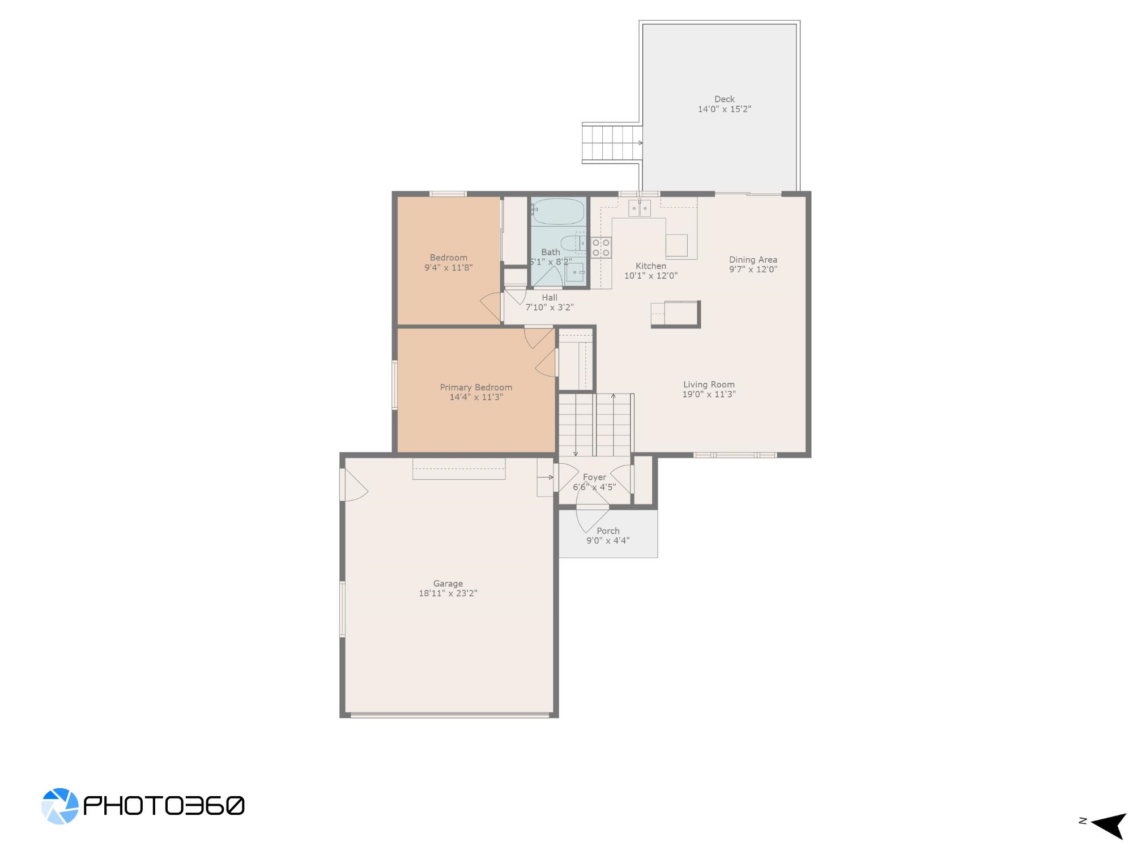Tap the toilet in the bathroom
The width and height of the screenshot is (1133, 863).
tap(572, 242)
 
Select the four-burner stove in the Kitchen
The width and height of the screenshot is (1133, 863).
tap(601, 247)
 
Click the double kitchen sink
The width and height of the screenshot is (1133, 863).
tap(640, 208)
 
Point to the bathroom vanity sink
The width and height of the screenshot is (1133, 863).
tap(575, 272)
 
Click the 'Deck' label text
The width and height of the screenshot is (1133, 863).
tap(725, 99)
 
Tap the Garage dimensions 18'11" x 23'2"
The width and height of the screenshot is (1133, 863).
tap(448, 593)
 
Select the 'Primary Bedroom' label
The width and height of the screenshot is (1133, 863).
tap(476, 387)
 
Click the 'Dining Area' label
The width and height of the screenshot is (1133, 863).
tap(753, 260)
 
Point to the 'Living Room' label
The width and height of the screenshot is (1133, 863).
tap(709, 384)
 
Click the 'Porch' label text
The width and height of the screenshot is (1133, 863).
tap(608, 531)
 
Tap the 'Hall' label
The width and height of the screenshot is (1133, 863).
tap(550, 298)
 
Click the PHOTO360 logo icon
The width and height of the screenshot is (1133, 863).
tap(59, 806)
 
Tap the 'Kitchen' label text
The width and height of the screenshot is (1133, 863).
tap(651, 266)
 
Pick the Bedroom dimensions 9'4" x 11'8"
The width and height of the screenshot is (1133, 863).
tap(449, 267)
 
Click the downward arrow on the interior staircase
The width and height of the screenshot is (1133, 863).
tap(576, 425)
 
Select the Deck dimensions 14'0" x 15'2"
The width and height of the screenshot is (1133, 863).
tap(725, 109)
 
